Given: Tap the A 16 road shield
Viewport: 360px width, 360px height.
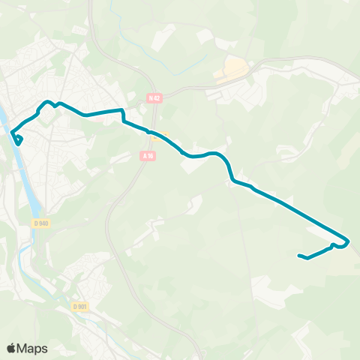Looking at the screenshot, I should click(x=147, y=155).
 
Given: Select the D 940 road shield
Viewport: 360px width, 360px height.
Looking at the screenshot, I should click(x=40, y=223).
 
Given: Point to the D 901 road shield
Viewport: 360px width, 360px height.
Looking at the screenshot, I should click(x=80, y=306).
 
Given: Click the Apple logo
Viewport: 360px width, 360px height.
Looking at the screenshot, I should click(x=11, y=348).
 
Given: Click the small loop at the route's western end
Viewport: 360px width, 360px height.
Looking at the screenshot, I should click(x=17, y=139).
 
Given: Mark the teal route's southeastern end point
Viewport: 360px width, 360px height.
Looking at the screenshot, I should click(x=300, y=256).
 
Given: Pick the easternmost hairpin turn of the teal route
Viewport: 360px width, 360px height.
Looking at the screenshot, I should click(x=347, y=241).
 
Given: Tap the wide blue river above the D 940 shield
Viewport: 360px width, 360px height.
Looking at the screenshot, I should click(x=30, y=187).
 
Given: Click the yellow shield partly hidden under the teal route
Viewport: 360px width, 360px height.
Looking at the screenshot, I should click(x=166, y=136).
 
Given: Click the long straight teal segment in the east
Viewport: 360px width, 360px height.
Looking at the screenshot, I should click(x=300, y=214).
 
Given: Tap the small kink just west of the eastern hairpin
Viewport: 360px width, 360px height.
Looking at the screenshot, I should click(x=332, y=245).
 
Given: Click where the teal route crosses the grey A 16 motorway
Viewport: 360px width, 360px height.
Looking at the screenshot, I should click(x=152, y=134).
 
